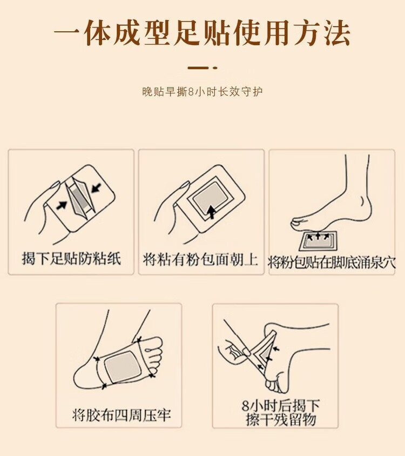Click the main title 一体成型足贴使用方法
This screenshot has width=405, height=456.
click(x=202, y=32)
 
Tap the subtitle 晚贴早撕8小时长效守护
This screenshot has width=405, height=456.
click(x=202, y=92)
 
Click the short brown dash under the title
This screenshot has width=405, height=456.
click(x=198, y=68)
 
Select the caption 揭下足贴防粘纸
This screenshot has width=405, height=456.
click(x=71, y=258)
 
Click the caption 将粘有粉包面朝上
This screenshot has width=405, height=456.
click(x=201, y=259)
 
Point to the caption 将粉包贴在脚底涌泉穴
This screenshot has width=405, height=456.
click(x=332, y=263)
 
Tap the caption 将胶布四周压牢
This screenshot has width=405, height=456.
click(x=122, y=415)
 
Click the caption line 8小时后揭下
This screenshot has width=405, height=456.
click(x=281, y=405)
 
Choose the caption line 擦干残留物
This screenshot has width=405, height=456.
click(x=281, y=419)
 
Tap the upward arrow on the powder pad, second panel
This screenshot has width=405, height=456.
click(x=212, y=212)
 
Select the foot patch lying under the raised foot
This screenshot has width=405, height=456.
click(x=319, y=241)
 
